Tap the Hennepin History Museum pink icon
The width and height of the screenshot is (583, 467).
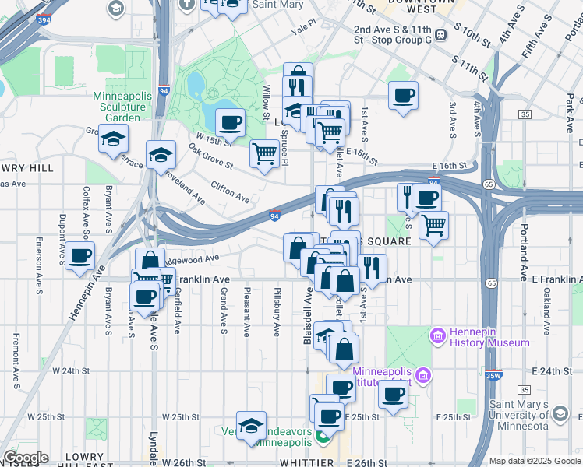coord(437,335)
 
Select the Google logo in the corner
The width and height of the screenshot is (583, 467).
coord(25,458)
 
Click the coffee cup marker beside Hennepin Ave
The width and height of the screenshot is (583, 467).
coord(79,256)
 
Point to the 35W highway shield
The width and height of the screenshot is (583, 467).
coord(493,374)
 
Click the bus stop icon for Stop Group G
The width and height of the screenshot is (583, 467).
coord(440,34)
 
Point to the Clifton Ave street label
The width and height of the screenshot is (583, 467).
coord(230,192)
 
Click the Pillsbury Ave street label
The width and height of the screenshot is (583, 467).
coord(277,311)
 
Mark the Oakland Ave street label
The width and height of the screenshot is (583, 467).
coord(548,307)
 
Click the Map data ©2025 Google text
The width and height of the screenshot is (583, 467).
coord(535,461)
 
